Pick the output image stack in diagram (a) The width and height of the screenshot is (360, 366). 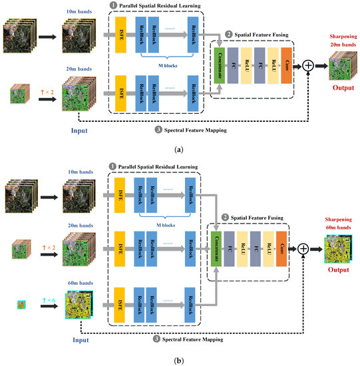click(x=339, y=65)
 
